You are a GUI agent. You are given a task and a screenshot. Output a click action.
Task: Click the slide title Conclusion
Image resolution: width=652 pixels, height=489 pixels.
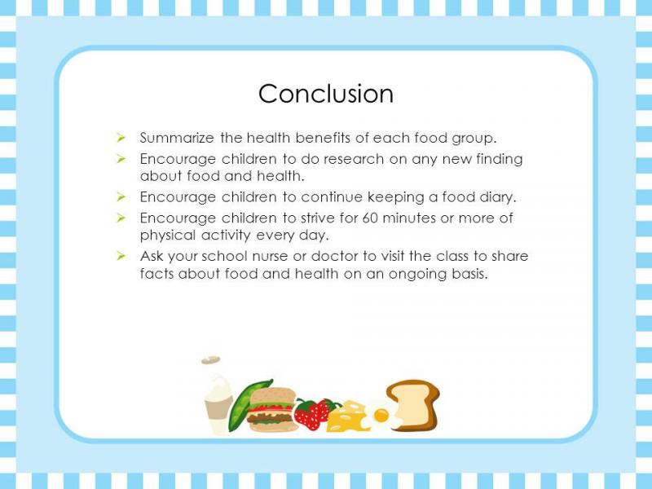(326, 94)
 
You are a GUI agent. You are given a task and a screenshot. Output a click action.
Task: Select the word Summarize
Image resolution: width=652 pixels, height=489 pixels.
(177, 138)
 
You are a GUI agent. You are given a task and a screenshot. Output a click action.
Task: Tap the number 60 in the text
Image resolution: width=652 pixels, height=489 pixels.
(370, 218)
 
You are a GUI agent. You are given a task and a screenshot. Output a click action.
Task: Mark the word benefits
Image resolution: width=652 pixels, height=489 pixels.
(323, 138)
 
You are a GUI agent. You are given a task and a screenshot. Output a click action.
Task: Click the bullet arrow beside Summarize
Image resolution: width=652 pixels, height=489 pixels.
(121, 137)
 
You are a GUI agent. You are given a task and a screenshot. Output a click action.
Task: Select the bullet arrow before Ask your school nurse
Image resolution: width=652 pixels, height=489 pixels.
(121, 256)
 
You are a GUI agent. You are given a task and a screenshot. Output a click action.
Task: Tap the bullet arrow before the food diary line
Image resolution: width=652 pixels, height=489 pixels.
(121, 196)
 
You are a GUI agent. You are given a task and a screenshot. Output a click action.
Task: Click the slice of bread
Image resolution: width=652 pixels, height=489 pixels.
(414, 404)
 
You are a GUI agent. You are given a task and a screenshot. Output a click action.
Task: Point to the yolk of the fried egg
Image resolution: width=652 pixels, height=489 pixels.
(381, 415)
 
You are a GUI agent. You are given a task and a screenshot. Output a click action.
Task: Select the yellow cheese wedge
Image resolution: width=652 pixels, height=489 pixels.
(349, 416)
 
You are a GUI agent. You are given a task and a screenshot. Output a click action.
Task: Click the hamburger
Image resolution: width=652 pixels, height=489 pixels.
(272, 410)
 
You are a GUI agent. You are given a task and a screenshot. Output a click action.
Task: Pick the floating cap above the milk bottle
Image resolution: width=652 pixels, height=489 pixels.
(211, 360)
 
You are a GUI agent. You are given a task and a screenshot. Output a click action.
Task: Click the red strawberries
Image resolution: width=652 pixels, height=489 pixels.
(314, 413)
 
